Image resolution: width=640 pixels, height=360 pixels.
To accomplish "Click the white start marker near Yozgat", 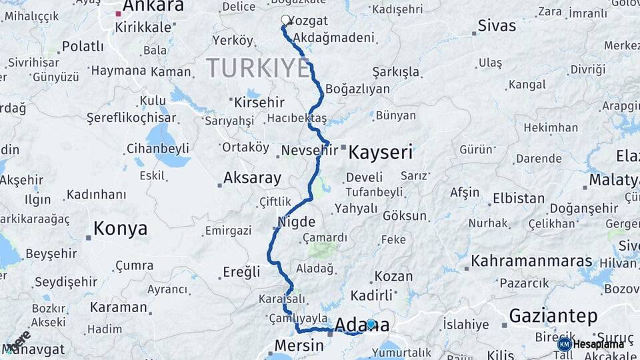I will tap(286, 20).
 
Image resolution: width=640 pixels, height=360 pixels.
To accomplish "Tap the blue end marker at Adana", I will tap(371, 324).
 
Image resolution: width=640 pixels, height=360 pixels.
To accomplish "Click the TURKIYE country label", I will tap(258, 68).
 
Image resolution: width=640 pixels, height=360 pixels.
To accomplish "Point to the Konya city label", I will tap(120, 229).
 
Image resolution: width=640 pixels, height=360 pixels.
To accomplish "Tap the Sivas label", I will tap(497, 26).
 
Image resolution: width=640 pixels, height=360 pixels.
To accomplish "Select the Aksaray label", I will tap(252, 178).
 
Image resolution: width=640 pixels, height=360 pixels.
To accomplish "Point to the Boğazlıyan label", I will tap(357, 89).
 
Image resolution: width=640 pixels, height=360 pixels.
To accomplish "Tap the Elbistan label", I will tap(518, 199).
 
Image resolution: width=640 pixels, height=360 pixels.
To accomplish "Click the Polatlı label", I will tap(83, 47).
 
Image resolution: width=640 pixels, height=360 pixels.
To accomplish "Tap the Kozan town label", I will tap(393, 276).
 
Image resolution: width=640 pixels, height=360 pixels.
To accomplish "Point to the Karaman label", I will tap(118, 307).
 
